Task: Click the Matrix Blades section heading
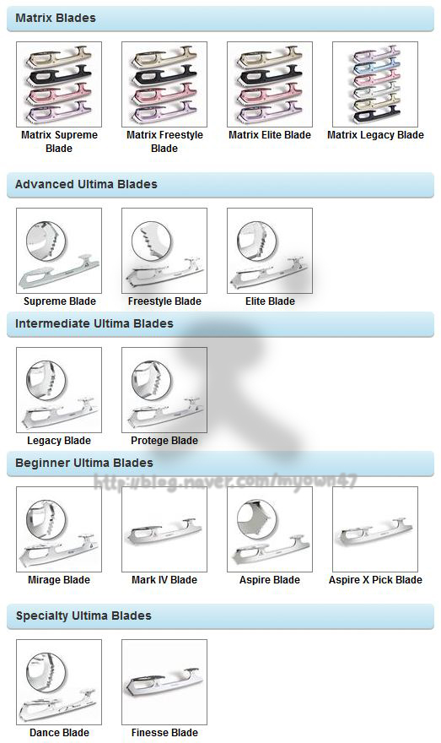[x=56, y=18]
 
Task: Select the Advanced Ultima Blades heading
[x=86, y=184]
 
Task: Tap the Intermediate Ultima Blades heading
[x=94, y=323]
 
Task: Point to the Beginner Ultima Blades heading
[x=84, y=463]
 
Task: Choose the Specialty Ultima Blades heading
[x=83, y=616]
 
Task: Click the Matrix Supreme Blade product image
[x=59, y=84]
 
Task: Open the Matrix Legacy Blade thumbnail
[x=375, y=84]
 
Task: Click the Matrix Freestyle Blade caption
[x=164, y=142]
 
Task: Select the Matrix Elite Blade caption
[x=270, y=135]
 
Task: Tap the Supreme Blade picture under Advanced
[x=59, y=251]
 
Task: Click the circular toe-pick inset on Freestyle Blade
[x=152, y=242]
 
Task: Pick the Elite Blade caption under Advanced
[x=270, y=301]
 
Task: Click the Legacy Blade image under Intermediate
[x=59, y=390]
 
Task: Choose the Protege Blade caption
[x=164, y=441]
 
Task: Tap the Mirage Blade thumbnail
[x=59, y=529]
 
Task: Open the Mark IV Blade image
[x=164, y=529]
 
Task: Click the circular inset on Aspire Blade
[x=257, y=520]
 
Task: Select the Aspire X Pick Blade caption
[x=376, y=580]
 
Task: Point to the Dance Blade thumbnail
[x=59, y=682]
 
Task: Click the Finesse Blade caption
[x=164, y=733]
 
